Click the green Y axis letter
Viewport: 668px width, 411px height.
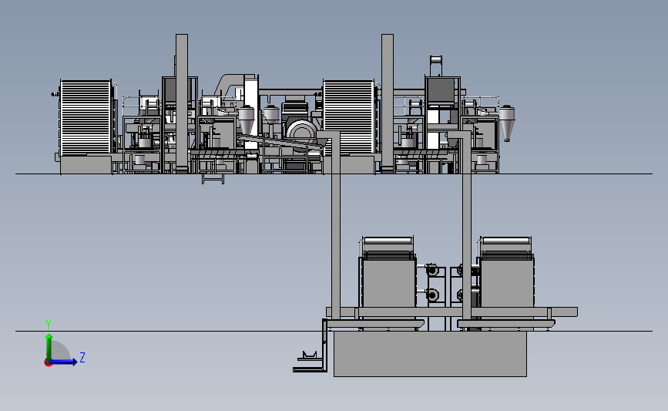click(49, 325)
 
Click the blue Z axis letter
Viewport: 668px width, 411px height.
click(82, 357)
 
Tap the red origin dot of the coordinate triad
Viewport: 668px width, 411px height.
click(48, 363)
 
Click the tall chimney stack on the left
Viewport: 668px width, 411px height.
click(182, 103)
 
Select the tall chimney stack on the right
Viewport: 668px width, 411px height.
click(388, 103)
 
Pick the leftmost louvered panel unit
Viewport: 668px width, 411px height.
click(86, 116)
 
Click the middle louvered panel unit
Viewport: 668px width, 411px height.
click(348, 116)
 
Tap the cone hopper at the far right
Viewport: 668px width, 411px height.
click(506, 123)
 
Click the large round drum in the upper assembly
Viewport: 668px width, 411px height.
click(301, 132)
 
